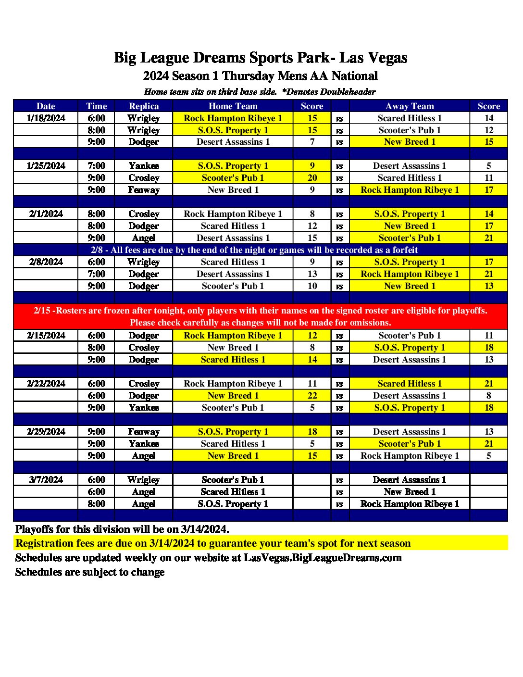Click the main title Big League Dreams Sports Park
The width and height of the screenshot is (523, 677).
(260, 58)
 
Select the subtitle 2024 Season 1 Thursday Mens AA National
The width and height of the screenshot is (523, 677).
(260, 76)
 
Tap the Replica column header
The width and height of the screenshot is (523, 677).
(144, 106)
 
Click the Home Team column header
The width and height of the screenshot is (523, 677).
(233, 106)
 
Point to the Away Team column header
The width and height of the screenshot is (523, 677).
(410, 106)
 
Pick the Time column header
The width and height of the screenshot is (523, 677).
(96, 106)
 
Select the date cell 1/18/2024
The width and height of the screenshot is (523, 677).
(46, 118)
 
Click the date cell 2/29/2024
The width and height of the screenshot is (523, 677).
(46, 432)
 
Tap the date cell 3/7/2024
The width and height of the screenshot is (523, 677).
(46, 480)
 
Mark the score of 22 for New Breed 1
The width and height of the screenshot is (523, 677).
(312, 396)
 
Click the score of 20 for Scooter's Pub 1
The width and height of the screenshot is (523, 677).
(312, 178)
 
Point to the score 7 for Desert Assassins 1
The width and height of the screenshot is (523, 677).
(312, 142)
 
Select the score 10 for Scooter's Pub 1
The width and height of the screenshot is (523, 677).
(312, 286)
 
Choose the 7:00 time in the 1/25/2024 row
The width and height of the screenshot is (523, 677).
(96, 166)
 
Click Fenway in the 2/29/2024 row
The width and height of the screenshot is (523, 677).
(144, 432)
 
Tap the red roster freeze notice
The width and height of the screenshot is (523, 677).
(260, 316)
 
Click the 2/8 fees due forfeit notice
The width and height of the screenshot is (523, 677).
(254, 250)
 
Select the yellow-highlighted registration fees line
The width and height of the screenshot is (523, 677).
(213, 543)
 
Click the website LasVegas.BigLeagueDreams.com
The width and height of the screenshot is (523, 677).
(322, 558)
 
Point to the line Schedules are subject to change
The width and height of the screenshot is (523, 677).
(90, 572)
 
